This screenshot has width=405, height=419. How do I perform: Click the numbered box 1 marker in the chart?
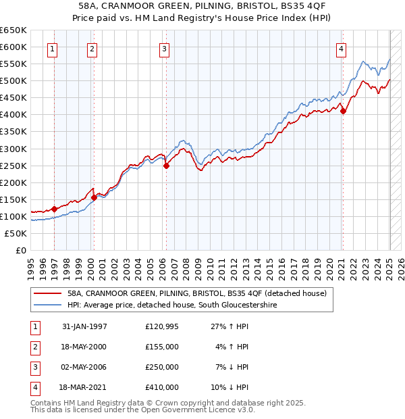(52, 49)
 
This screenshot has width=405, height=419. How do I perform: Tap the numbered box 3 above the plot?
(164, 49)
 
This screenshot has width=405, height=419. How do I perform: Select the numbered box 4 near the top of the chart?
(342, 49)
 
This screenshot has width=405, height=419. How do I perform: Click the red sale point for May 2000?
(94, 197)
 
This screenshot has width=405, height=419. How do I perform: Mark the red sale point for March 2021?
(343, 111)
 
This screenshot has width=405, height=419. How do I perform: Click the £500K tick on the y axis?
(13, 81)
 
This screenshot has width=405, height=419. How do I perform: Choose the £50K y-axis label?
(16, 233)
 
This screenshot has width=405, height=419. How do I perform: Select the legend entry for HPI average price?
(172, 305)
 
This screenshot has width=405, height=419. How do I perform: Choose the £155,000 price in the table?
(161, 347)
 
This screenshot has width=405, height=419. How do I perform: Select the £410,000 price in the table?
(161, 387)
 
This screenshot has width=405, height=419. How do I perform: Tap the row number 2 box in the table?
(34, 347)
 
